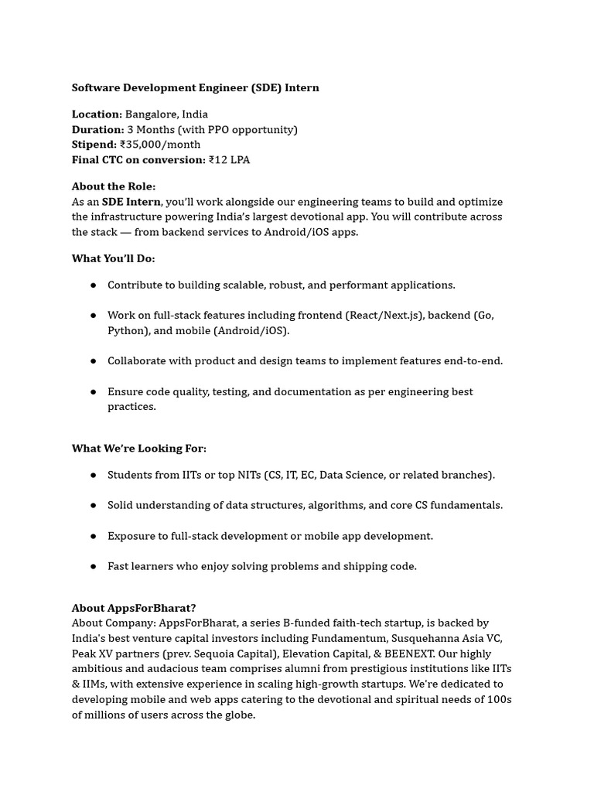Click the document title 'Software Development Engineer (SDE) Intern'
(195, 87)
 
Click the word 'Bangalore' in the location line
(150, 114)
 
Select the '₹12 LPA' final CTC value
(229, 160)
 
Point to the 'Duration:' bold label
(97, 129)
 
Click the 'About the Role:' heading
(114, 186)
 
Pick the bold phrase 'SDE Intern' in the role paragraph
(131, 202)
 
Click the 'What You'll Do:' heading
(113, 258)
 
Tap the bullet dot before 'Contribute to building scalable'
(94, 285)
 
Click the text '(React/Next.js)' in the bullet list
(384, 316)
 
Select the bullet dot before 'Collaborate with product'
(94, 360)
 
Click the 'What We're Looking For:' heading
(139, 448)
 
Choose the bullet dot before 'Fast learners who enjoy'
(94, 566)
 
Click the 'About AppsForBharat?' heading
(134, 608)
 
